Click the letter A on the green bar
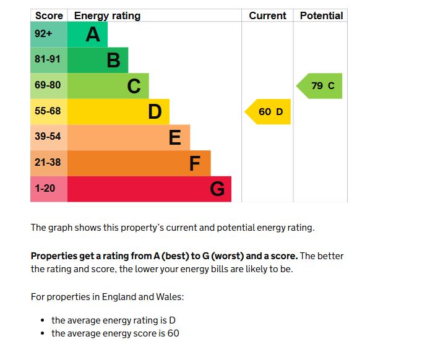point(93,35)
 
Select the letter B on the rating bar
point(113,61)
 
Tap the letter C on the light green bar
point(134,87)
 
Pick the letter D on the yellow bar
point(155,112)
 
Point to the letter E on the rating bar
point(175,137)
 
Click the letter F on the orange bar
point(195,163)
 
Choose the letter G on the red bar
point(217,189)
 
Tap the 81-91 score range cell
point(48,60)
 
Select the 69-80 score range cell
point(48,86)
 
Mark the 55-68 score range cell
point(48,111)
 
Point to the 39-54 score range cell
point(48,137)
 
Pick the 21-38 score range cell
point(48,163)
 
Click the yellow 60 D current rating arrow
point(269,112)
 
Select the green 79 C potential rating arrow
point(320,86)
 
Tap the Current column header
point(267,16)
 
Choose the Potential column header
point(321,16)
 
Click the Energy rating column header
point(107,16)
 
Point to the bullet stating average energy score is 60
point(115,333)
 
